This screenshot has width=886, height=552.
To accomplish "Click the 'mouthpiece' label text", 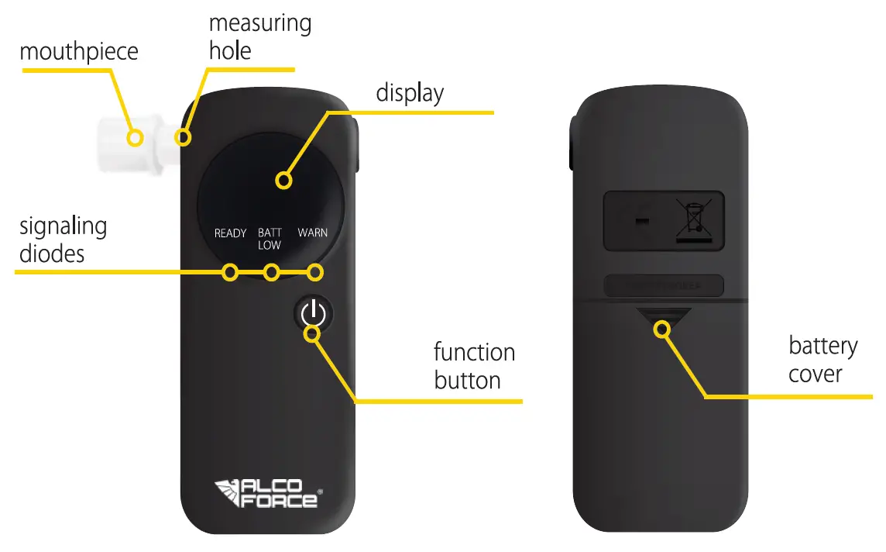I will pyautogui.click(x=78, y=52).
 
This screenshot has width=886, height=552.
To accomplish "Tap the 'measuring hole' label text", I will pyautogui.click(x=259, y=36).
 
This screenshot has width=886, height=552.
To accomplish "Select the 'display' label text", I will pyautogui.click(x=410, y=93).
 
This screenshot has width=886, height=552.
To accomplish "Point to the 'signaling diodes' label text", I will pyautogui.click(x=63, y=240).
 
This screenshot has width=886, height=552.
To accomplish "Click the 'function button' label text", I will pyautogui.click(x=474, y=366).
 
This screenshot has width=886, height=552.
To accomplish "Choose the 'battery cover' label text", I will pyautogui.click(x=822, y=360).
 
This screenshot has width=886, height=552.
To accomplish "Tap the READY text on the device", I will pyautogui.click(x=230, y=233).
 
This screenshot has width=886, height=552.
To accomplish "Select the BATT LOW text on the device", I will pyautogui.click(x=270, y=239).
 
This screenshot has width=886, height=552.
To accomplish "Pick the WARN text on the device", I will pyautogui.click(x=312, y=233).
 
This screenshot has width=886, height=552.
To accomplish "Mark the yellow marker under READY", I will pyautogui.click(x=229, y=272).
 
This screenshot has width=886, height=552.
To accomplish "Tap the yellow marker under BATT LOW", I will pyautogui.click(x=271, y=272).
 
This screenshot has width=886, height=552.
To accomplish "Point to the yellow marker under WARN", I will pyautogui.click(x=314, y=272).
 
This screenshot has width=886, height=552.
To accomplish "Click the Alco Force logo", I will pyautogui.click(x=266, y=493).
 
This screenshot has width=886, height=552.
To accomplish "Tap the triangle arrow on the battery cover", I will pyautogui.click(x=662, y=318).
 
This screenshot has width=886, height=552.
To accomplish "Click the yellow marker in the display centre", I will pyautogui.click(x=284, y=181).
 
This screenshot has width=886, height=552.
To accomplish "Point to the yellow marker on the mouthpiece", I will pyautogui.click(x=136, y=138).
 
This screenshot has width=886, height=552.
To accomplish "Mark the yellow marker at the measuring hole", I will pyautogui.click(x=183, y=138).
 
